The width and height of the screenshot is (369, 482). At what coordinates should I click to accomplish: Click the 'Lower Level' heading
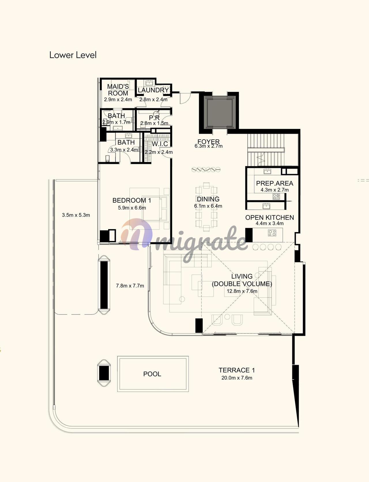click(x=73, y=55)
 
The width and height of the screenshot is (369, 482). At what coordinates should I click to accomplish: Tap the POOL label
click(x=152, y=374)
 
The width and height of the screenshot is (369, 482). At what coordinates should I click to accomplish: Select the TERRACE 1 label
click(x=237, y=370)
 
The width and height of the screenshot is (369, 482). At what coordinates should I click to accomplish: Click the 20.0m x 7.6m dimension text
click(x=237, y=378)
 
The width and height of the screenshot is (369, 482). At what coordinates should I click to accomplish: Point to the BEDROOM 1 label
click(x=132, y=200)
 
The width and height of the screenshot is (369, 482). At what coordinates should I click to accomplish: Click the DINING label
click(x=208, y=199)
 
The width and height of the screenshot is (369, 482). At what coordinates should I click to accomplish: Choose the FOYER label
click(x=208, y=142)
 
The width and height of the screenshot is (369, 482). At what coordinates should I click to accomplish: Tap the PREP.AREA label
click(x=274, y=183)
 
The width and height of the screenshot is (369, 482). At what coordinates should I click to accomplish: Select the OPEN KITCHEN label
click(x=270, y=217)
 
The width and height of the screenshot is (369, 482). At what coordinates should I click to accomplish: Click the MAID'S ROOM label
click(x=118, y=90)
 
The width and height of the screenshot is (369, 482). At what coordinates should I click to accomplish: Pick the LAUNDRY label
click(x=153, y=90)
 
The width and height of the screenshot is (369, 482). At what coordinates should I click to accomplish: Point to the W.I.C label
click(x=160, y=144)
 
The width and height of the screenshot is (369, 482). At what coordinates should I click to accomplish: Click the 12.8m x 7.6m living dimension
click(x=242, y=291)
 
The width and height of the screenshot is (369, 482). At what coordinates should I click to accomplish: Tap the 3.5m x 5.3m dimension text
click(x=76, y=215)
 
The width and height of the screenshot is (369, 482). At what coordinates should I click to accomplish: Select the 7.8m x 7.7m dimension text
click(x=130, y=286)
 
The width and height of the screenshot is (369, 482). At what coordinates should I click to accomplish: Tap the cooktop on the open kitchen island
click(x=272, y=233)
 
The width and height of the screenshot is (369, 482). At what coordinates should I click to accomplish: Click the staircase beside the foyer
click(x=266, y=150)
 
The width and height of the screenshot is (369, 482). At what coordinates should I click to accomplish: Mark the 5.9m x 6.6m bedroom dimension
click(x=132, y=208)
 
